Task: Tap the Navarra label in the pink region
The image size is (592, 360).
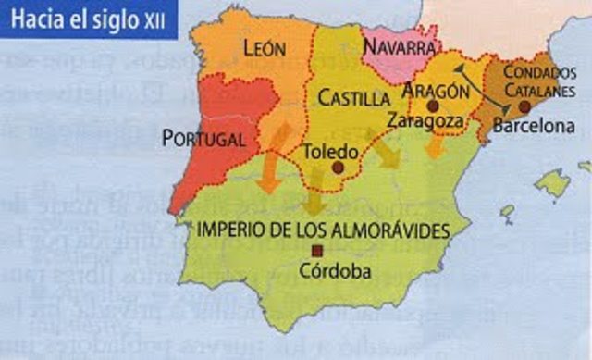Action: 400,46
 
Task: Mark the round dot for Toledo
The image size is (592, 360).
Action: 338,168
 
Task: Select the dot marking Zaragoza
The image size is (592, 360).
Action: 432,106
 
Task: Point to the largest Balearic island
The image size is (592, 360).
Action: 552,184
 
